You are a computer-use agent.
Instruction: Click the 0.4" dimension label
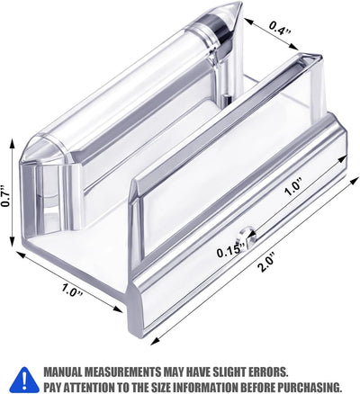(280, 28)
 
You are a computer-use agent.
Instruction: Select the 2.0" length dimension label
(267, 263)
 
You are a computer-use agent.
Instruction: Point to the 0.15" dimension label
(231, 251)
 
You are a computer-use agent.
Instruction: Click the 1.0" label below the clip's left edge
(72, 290)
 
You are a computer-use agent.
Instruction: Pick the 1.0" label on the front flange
(293, 188)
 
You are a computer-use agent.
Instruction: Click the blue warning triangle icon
(26, 380)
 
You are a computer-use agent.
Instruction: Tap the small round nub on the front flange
(247, 236)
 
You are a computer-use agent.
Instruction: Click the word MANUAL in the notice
(63, 372)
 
